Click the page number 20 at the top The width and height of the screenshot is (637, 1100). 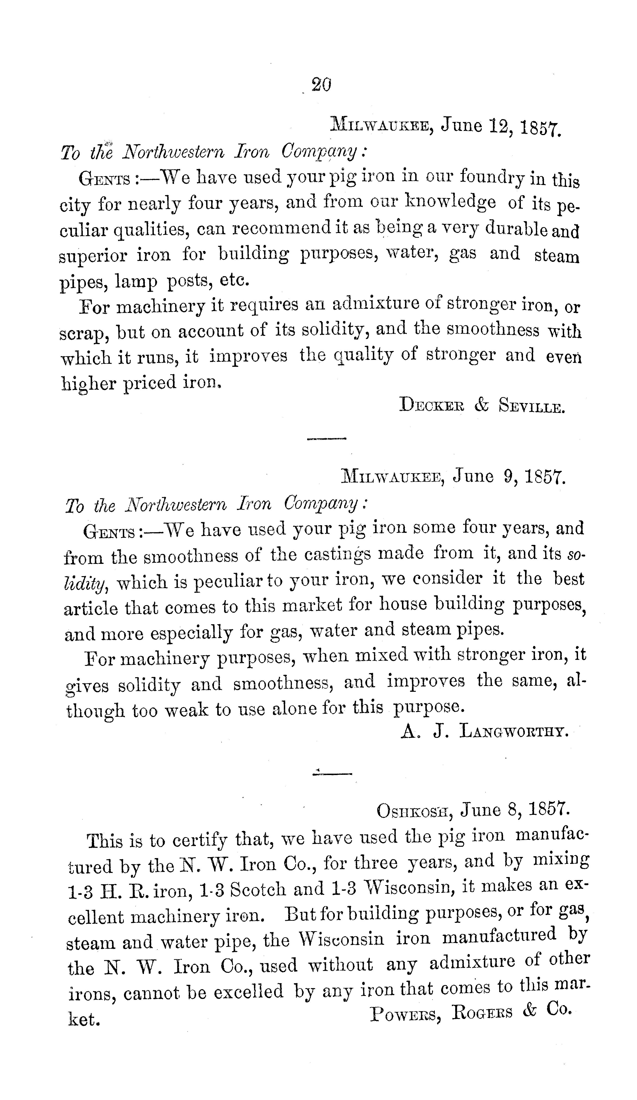(x=321, y=84)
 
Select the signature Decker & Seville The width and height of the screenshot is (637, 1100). (x=482, y=406)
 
